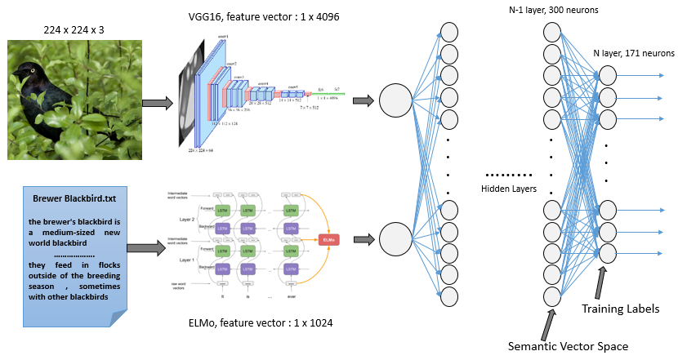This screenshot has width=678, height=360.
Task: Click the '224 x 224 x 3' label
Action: click(75, 32)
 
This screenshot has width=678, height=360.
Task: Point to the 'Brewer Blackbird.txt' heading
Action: click(74, 198)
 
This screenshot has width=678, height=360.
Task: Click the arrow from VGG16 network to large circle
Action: click(364, 100)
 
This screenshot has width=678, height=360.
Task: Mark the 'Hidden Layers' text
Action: click(509, 188)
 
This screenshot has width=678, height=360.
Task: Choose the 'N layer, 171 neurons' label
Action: click(632, 52)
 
